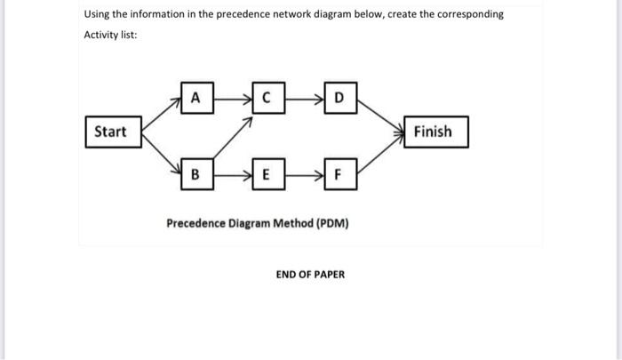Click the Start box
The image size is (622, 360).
click(110, 132)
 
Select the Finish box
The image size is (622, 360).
click(433, 132)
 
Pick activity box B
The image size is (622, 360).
click(195, 173)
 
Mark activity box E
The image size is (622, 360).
click(266, 173)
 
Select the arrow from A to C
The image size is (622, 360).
click(231, 93)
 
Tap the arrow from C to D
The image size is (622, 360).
click(303, 93)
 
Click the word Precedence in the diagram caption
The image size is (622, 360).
click(197, 223)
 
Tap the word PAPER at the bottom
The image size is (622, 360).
click(328, 275)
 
